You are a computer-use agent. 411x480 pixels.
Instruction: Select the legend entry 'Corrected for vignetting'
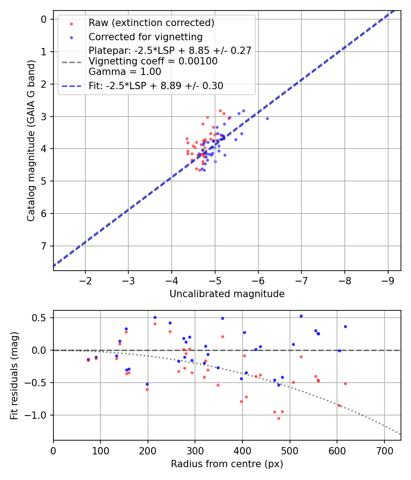coord(145,37)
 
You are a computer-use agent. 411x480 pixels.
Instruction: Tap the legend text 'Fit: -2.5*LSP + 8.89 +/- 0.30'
coord(156,86)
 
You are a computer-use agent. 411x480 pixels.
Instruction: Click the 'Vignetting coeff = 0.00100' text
coord(153,61)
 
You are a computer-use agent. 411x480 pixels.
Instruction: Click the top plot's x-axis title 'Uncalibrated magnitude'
coord(227,294)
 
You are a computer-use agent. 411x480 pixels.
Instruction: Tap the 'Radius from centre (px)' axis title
coord(227,464)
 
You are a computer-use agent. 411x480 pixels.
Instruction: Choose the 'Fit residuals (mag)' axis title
coord(14,376)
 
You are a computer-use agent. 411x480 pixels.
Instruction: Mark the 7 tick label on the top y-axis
coord(44,246)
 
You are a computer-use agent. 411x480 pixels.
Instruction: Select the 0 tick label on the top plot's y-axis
coord(44,19)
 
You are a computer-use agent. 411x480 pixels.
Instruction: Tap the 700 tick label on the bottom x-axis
coord(384,450)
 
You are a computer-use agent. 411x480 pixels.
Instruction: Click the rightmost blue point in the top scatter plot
coord(267,118)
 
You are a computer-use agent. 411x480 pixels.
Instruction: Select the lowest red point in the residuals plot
coord(279,418)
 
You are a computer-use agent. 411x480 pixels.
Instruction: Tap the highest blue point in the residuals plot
coord(301,316)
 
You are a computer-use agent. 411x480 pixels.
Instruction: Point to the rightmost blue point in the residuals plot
coord(345,326)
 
